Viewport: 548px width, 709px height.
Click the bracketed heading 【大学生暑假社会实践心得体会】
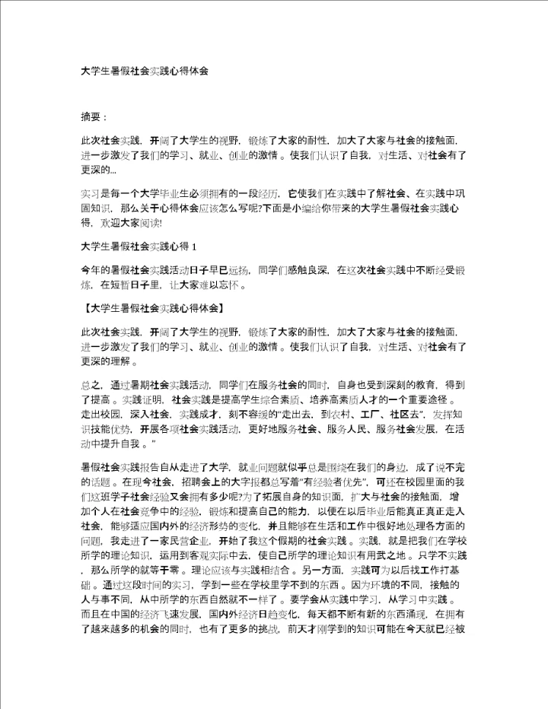click(x=151, y=309)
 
